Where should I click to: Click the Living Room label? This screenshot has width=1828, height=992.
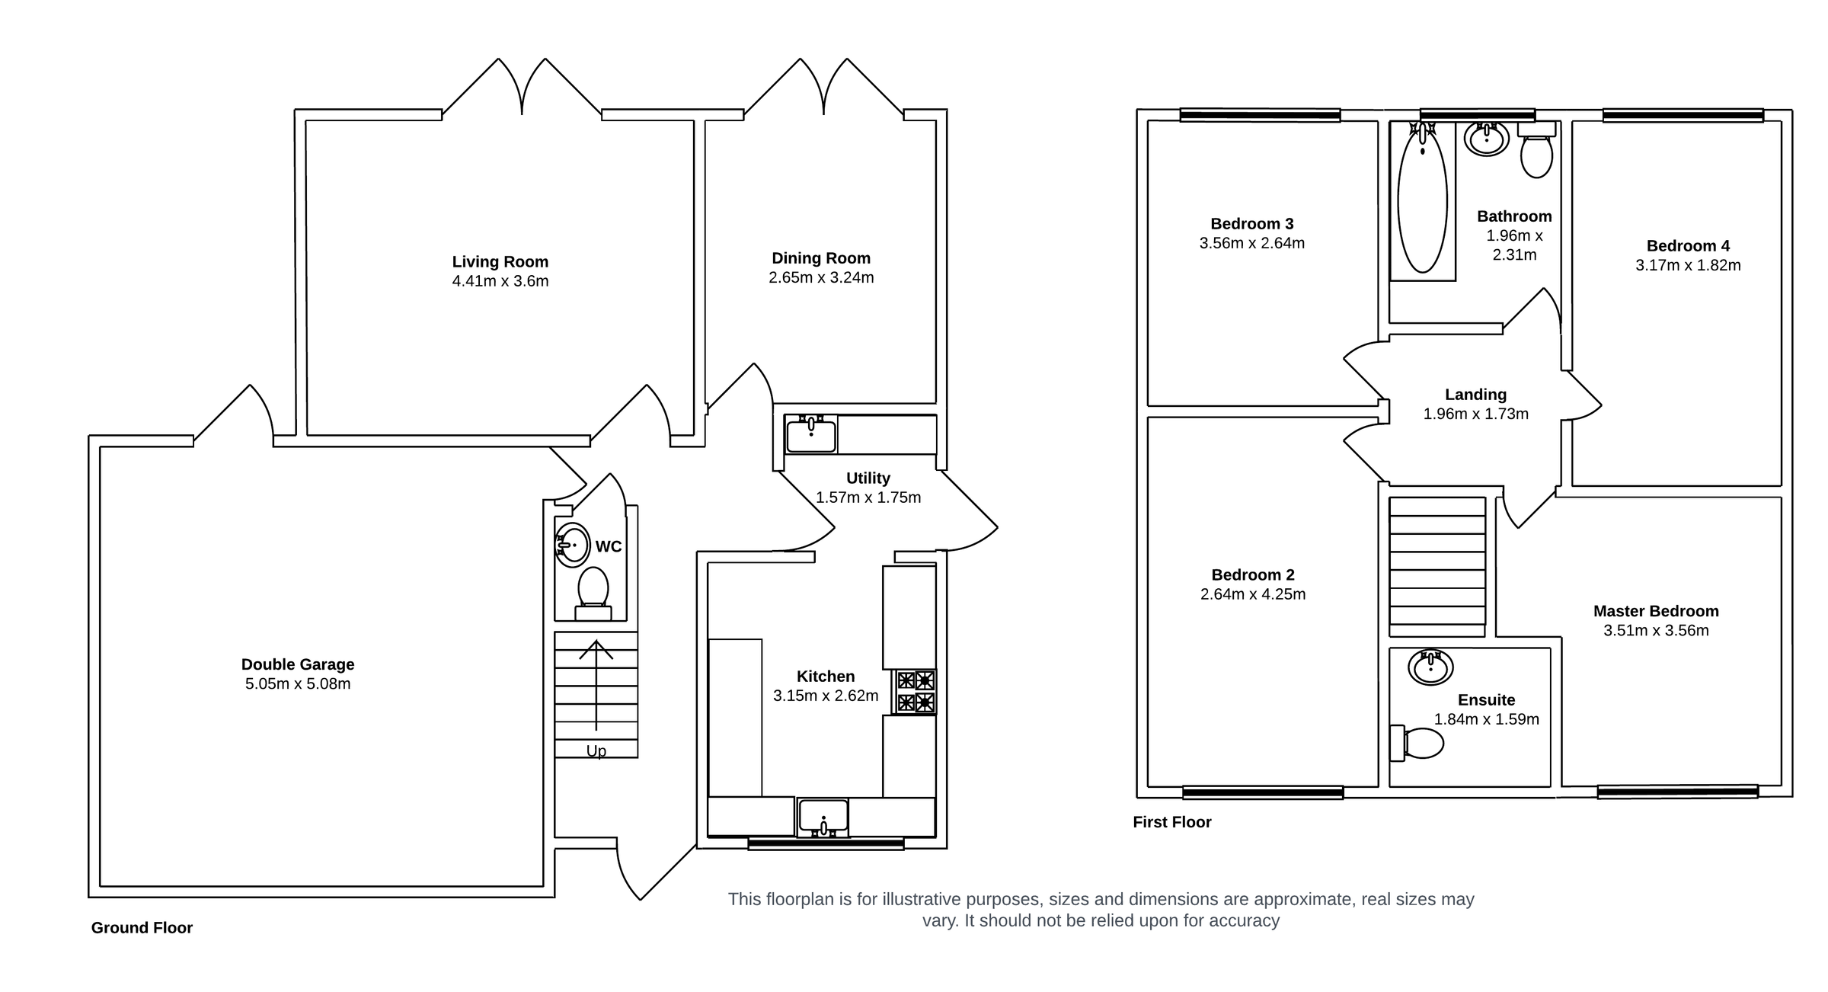pos(500,261)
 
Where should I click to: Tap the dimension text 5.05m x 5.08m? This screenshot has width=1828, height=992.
pos(298,684)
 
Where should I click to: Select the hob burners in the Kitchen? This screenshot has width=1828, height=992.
pos(915,692)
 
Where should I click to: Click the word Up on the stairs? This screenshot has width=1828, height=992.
pos(596,751)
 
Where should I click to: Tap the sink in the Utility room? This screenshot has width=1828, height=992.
pos(811,435)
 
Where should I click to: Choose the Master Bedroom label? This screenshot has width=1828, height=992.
pos(1656,611)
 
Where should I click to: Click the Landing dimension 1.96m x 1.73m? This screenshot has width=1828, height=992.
pos(1475,414)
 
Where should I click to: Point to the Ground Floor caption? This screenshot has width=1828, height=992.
pos(142,928)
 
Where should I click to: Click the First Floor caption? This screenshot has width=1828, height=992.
pos(1171,822)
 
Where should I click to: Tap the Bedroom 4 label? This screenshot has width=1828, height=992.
pos(1688,246)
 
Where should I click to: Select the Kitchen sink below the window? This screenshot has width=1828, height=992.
pos(823,816)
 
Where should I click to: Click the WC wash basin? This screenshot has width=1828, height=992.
pos(573,545)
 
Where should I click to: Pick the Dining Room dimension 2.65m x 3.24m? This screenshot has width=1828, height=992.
pos(821,278)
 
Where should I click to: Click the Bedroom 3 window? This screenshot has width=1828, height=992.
pos(1260,116)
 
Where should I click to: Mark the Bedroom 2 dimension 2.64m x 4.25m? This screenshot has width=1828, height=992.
pos(1253,594)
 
